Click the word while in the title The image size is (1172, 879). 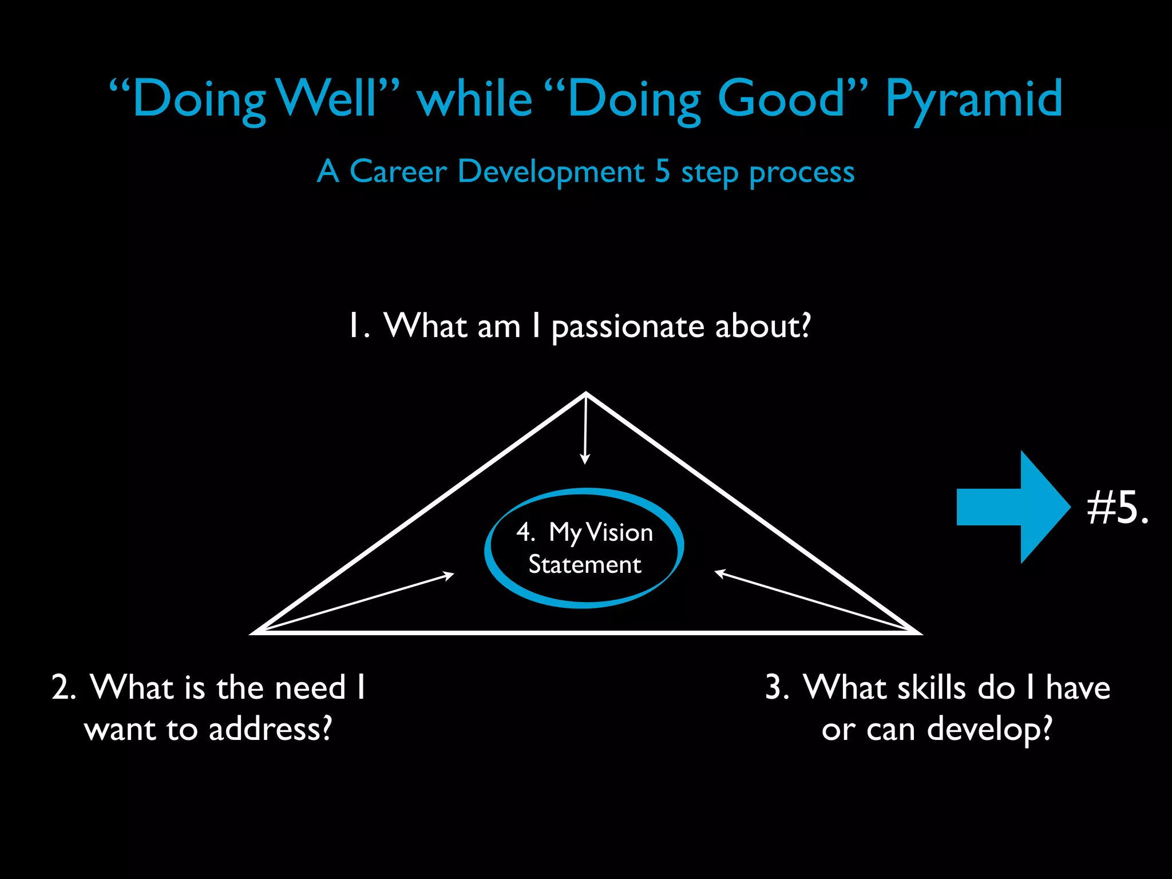point(475,98)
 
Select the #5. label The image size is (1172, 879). point(1117,508)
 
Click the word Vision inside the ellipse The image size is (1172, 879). point(619,533)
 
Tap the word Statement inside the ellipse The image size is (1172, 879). point(584,565)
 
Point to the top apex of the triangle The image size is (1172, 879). point(586,394)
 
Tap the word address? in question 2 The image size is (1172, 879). point(270,730)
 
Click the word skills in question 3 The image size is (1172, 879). point(931,687)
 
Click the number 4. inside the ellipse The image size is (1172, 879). point(525,533)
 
